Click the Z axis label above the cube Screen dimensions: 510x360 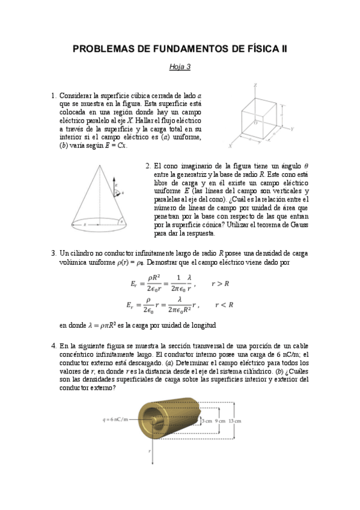tap(255, 85)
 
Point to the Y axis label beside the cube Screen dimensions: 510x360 tap(292, 129)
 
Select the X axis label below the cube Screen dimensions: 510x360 tap(231, 146)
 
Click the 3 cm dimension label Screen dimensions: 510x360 tap(207, 421)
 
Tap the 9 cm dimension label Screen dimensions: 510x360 tap(221, 421)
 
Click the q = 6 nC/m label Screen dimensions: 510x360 tap(120, 420)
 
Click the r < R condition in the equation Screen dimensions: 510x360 tap(224, 305)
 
